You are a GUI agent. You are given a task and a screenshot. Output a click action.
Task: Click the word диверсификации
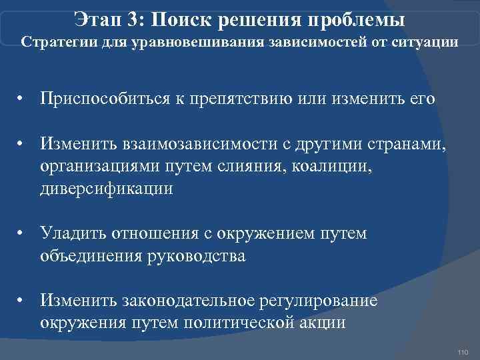coord(107,189)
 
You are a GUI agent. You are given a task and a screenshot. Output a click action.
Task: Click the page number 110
coord(464,351)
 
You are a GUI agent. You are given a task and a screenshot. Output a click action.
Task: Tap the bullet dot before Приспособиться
coord(23,100)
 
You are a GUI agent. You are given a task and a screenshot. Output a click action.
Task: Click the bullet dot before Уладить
coord(23,234)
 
